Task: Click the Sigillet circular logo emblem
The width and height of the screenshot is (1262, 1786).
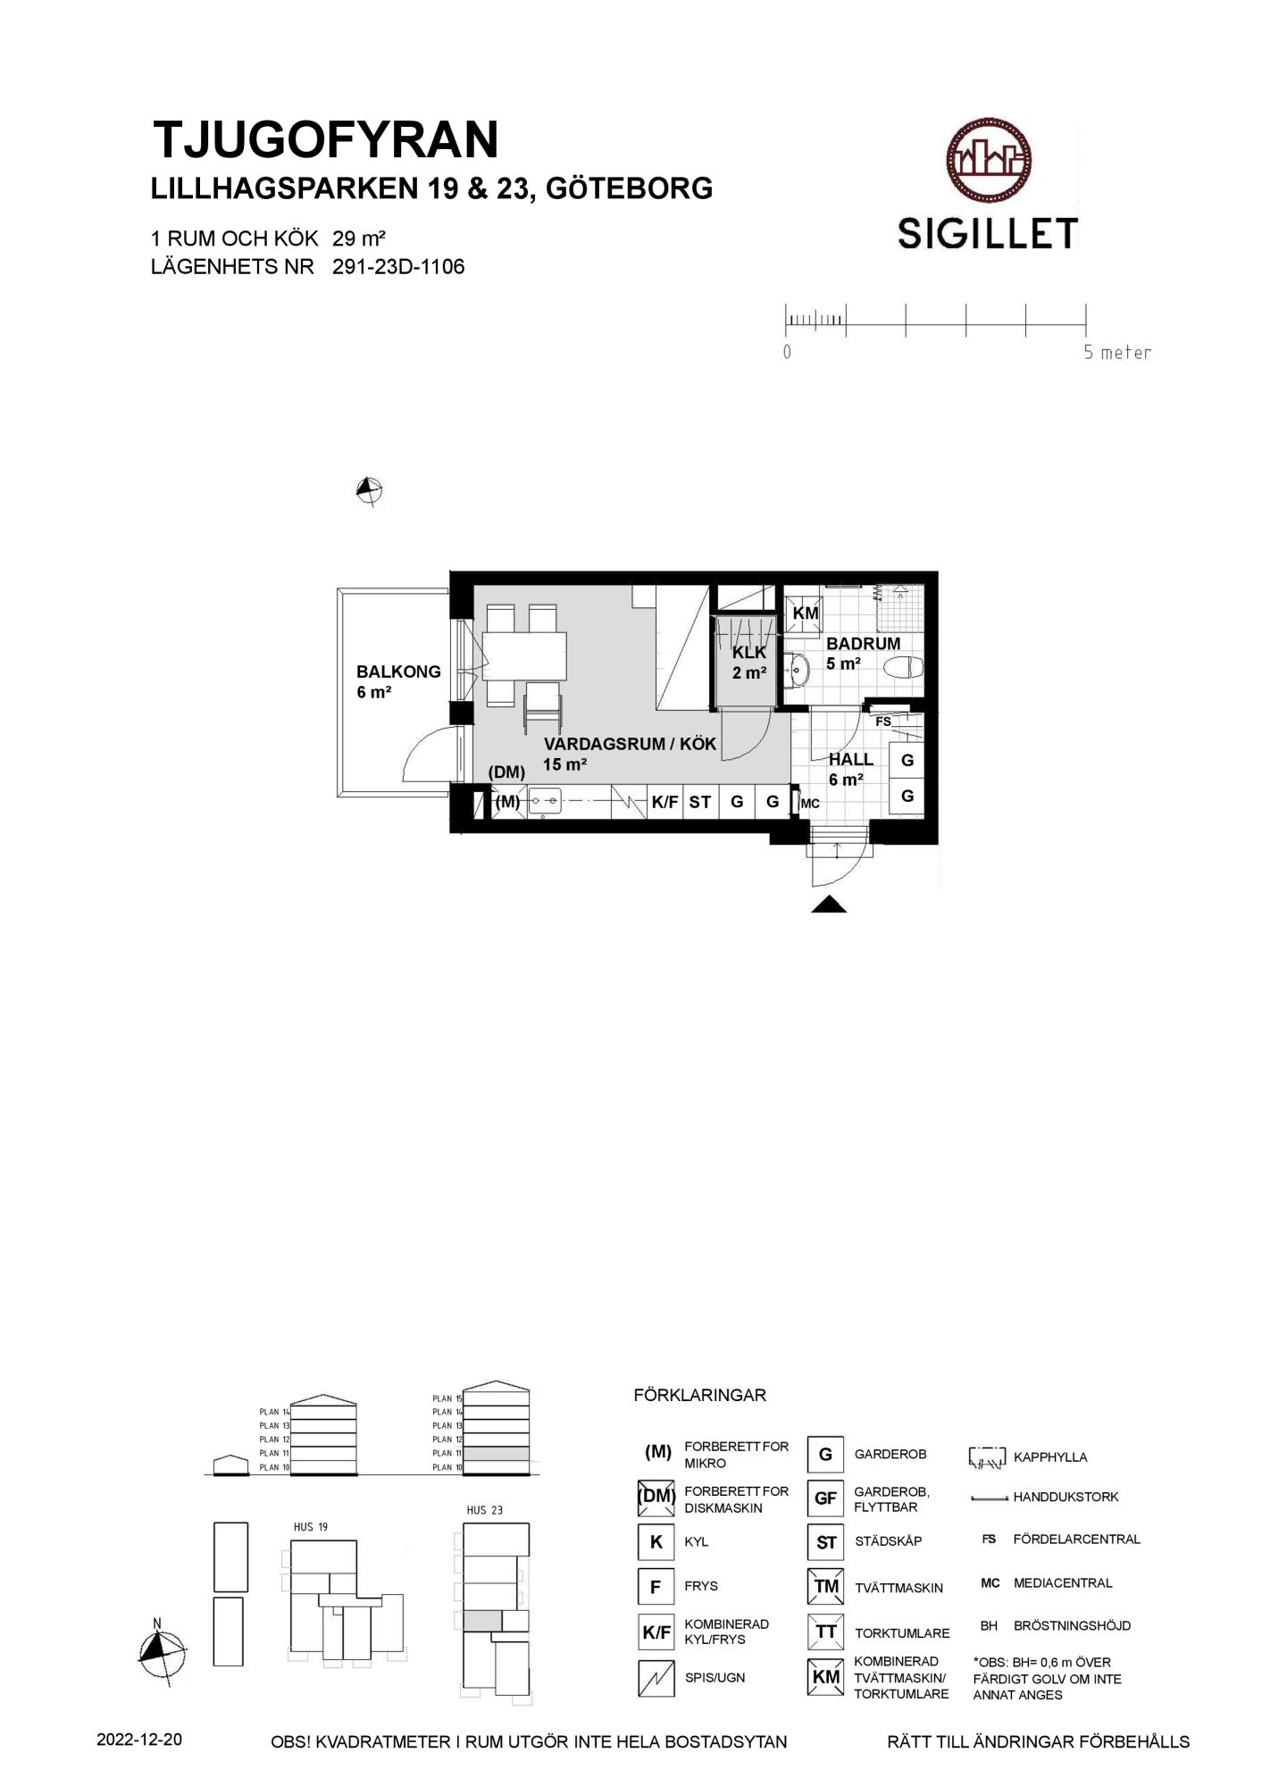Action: tap(989, 161)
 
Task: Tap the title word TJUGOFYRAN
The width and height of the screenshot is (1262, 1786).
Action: tap(326, 140)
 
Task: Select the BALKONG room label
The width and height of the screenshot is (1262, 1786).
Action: tap(398, 672)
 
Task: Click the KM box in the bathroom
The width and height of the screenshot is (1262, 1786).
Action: tap(806, 613)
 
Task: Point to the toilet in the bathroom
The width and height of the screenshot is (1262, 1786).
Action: tap(903, 667)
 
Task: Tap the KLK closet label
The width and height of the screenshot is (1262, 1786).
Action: tap(749, 653)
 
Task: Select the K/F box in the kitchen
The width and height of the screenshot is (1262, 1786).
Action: tap(664, 802)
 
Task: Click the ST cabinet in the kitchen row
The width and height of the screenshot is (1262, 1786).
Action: tap(700, 802)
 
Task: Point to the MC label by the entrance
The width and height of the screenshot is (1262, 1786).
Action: tap(810, 804)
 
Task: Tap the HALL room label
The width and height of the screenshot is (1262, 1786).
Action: tap(851, 760)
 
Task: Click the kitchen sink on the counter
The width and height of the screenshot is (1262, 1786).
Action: tap(545, 802)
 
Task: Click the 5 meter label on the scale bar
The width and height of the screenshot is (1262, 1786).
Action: tap(1117, 353)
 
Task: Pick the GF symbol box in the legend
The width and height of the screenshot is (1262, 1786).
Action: tap(825, 1498)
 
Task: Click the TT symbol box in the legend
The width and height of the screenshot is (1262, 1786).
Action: tap(825, 1632)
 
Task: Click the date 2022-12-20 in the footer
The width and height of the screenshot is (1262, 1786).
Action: tap(139, 1740)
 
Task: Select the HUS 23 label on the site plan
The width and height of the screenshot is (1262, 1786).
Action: tap(485, 1510)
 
